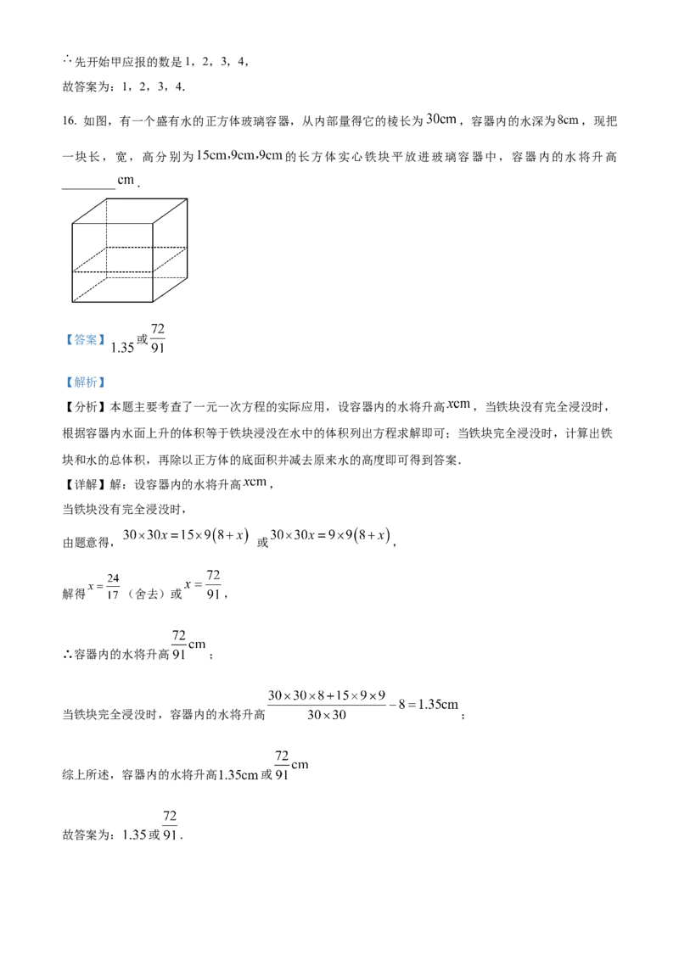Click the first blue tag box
tap(86, 340)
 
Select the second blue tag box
tap(86, 383)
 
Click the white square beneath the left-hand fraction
tap(105, 600)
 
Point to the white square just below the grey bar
tap(213, 567)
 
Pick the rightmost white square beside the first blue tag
tap(166, 349)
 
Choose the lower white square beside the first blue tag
tap(153, 356)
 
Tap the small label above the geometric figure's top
tap(126, 181)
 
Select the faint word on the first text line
tap(441, 121)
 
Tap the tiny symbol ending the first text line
tap(567, 121)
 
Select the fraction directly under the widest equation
tap(284, 765)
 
